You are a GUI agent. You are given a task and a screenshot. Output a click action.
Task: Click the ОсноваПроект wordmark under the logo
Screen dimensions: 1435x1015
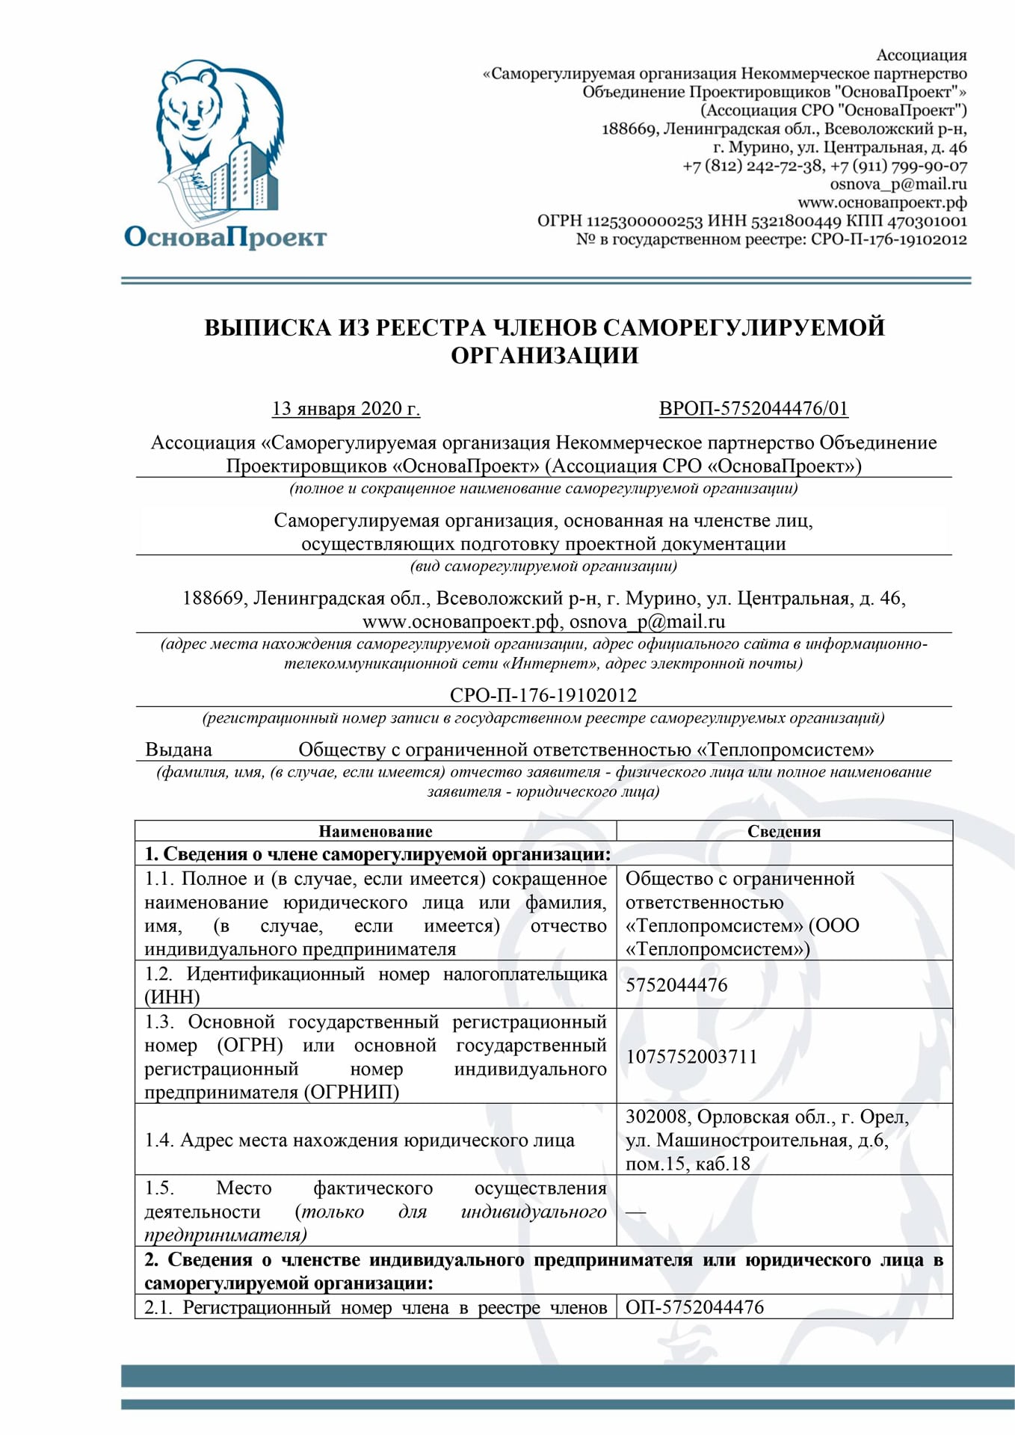pyautogui.click(x=225, y=237)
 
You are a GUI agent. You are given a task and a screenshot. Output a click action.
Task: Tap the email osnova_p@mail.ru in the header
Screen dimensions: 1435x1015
pyautogui.click(x=898, y=184)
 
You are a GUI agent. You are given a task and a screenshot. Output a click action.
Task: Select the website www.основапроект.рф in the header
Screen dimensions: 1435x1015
pyautogui.click(x=882, y=203)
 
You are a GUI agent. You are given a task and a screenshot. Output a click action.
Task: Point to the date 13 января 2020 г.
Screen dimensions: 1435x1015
pyautogui.click(x=345, y=409)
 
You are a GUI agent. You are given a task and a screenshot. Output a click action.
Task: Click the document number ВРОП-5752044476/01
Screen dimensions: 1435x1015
pyautogui.click(x=753, y=409)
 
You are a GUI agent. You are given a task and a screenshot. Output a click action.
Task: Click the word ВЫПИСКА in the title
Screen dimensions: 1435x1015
pyautogui.click(x=267, y=327)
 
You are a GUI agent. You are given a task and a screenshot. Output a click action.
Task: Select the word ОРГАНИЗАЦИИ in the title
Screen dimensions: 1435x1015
pyautogui.click(x=544, y=356)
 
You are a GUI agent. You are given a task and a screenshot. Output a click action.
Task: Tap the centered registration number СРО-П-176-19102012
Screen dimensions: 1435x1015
pyautogui.click(x=543, y=695)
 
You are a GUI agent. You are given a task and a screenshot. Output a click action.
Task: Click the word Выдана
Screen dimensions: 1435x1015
pyautogui.click(x=179, y=750)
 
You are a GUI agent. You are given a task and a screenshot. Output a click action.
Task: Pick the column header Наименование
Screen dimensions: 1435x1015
pyautogui.click(x=375, y=831)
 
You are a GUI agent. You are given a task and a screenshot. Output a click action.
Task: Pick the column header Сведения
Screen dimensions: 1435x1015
pyautogui.click(x=784, y=831)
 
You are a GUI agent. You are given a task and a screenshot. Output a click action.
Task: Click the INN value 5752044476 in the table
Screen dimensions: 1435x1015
pyautogui.click(x=676, y=985)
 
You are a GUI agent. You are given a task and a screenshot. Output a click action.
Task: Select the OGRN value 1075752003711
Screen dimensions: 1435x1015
pyautogui.click(x=691, y=1056)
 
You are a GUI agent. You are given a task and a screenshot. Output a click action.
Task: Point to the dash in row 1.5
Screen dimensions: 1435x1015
pyautogui.click(x=635, y=1212)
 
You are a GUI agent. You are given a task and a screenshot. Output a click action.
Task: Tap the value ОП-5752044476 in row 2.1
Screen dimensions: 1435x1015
pyautogui.click(x=694, y=1307)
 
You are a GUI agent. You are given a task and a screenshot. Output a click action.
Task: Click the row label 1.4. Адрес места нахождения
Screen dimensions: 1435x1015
pyautogui.click(x=360, y=1141)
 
